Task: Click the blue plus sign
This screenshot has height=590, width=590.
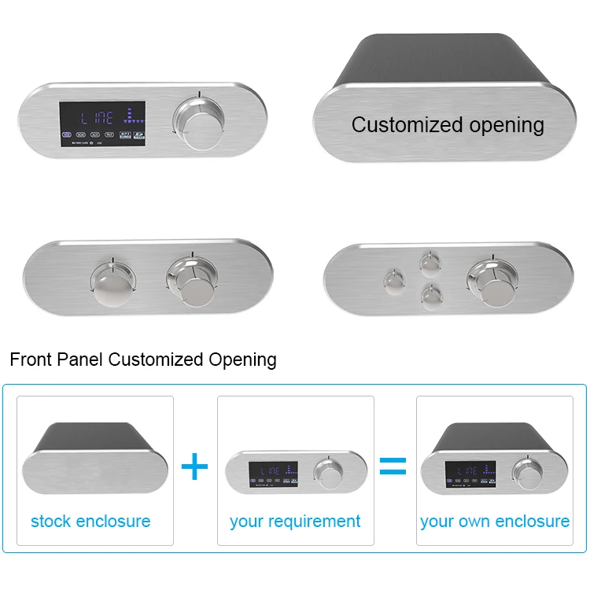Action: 194,466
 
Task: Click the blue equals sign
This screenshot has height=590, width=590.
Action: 393,466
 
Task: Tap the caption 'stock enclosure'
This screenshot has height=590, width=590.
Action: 90,521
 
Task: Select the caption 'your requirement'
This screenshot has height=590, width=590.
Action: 295,521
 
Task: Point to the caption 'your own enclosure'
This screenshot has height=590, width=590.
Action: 495,521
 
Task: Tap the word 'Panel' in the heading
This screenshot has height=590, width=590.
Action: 81,360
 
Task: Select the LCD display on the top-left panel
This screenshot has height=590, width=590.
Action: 102,124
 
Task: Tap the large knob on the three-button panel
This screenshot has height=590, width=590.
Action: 490,282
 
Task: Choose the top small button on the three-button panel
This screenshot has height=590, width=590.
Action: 430,262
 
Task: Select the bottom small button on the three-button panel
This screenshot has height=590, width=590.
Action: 430,297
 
